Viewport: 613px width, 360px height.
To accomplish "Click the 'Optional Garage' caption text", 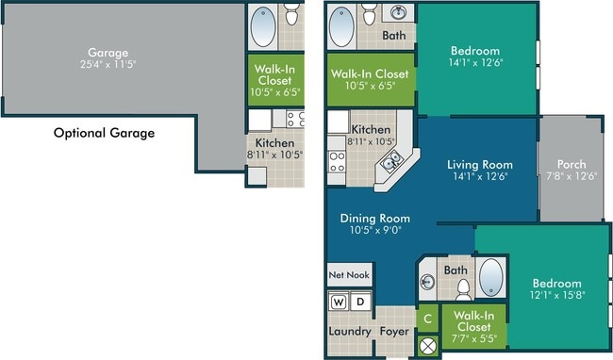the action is (x=104, y=133).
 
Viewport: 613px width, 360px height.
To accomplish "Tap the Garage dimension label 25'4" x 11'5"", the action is (x=108, y=64).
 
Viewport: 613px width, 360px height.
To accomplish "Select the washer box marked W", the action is (x=339, y=302).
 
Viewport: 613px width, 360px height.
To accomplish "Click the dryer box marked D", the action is (x=360, y=302).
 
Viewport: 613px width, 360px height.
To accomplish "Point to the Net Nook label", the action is (x=349, y=275).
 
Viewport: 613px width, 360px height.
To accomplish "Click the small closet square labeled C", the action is (x=428, y=319).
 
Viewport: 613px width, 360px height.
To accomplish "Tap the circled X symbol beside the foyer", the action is (x=428, y=345).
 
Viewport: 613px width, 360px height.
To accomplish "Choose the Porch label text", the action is (x=572, y=164).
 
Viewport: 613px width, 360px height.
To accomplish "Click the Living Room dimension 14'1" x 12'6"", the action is (x=480, y=176).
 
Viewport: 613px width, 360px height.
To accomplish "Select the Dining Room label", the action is (x=375, y=218).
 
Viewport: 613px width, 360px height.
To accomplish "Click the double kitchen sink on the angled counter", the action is (x=391, y=161).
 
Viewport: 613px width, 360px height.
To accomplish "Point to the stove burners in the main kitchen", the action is (x=337, y=162).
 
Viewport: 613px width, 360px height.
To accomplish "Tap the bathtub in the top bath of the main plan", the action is (x=341, y=27).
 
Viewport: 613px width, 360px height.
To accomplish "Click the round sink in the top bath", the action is (x=398, y=12).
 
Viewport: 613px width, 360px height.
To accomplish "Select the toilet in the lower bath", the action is (x=464, y=290).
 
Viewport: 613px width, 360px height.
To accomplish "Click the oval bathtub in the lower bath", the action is (x=491, y=277).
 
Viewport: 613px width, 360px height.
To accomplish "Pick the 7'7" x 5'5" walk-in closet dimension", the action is (x=474, y=338).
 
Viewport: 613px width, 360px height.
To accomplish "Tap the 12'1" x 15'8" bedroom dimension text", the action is (x=557, y=294).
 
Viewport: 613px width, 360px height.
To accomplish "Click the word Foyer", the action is (x=394, y=332).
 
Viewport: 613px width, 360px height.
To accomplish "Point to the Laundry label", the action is (x=350, y=331).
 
